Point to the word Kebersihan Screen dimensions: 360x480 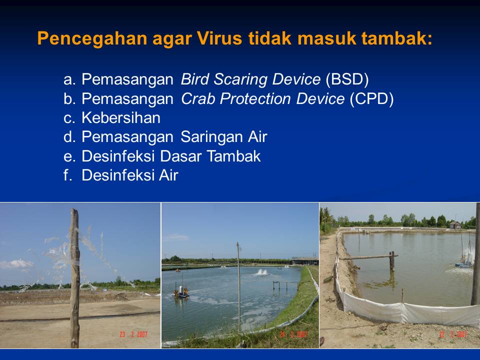click(121, 118)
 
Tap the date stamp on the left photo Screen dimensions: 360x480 click(133, 334)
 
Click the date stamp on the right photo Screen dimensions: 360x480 click(452, 334)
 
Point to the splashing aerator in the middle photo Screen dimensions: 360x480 click(261, 272)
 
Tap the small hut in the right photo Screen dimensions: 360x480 click(455, 224)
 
